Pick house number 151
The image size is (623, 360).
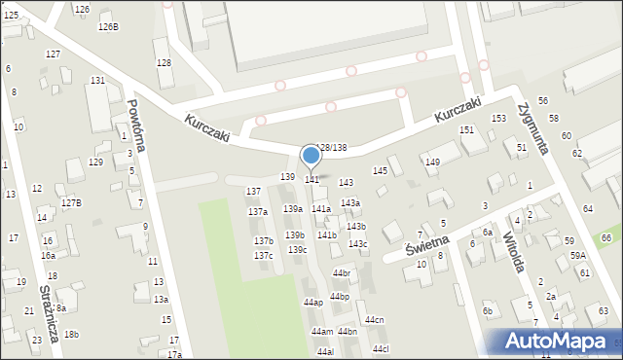(466, 129)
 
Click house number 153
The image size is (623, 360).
(498, 118)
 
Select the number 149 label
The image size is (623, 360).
(432, 162)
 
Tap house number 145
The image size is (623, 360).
(380, 170)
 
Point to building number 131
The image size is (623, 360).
(97, 80)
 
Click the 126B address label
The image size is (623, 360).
(108, 26)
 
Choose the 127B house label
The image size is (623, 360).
(71, 202)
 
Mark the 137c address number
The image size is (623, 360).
(263, 255)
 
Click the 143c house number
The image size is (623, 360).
(358, 243)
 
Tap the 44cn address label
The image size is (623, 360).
(375, 320)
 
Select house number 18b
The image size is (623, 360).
(71, 334)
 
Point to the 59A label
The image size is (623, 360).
(578, 255)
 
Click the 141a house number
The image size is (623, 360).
(321, 208)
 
